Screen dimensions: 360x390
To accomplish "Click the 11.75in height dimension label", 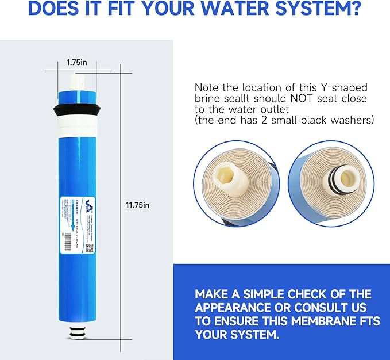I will pos(138,205).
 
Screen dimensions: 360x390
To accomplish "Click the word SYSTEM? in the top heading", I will pos(321,10).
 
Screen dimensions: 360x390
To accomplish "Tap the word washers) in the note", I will pos(353,120).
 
